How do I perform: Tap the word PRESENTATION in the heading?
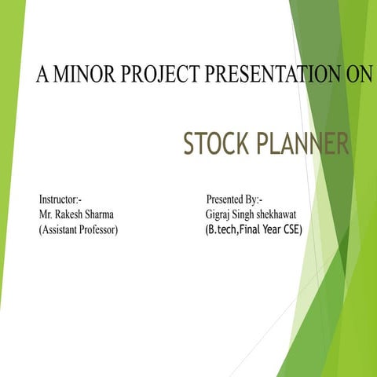click(270, 75)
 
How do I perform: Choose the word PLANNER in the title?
click(302, 144)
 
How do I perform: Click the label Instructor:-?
click(60, 199)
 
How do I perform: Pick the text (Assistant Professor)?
click(79, 230)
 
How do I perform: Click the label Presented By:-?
click(234, 199)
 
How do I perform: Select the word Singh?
click(253, 214)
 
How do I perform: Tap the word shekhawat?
click(292, 214)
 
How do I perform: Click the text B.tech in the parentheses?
click(222, 229)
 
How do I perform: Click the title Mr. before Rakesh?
click(46, 214)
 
